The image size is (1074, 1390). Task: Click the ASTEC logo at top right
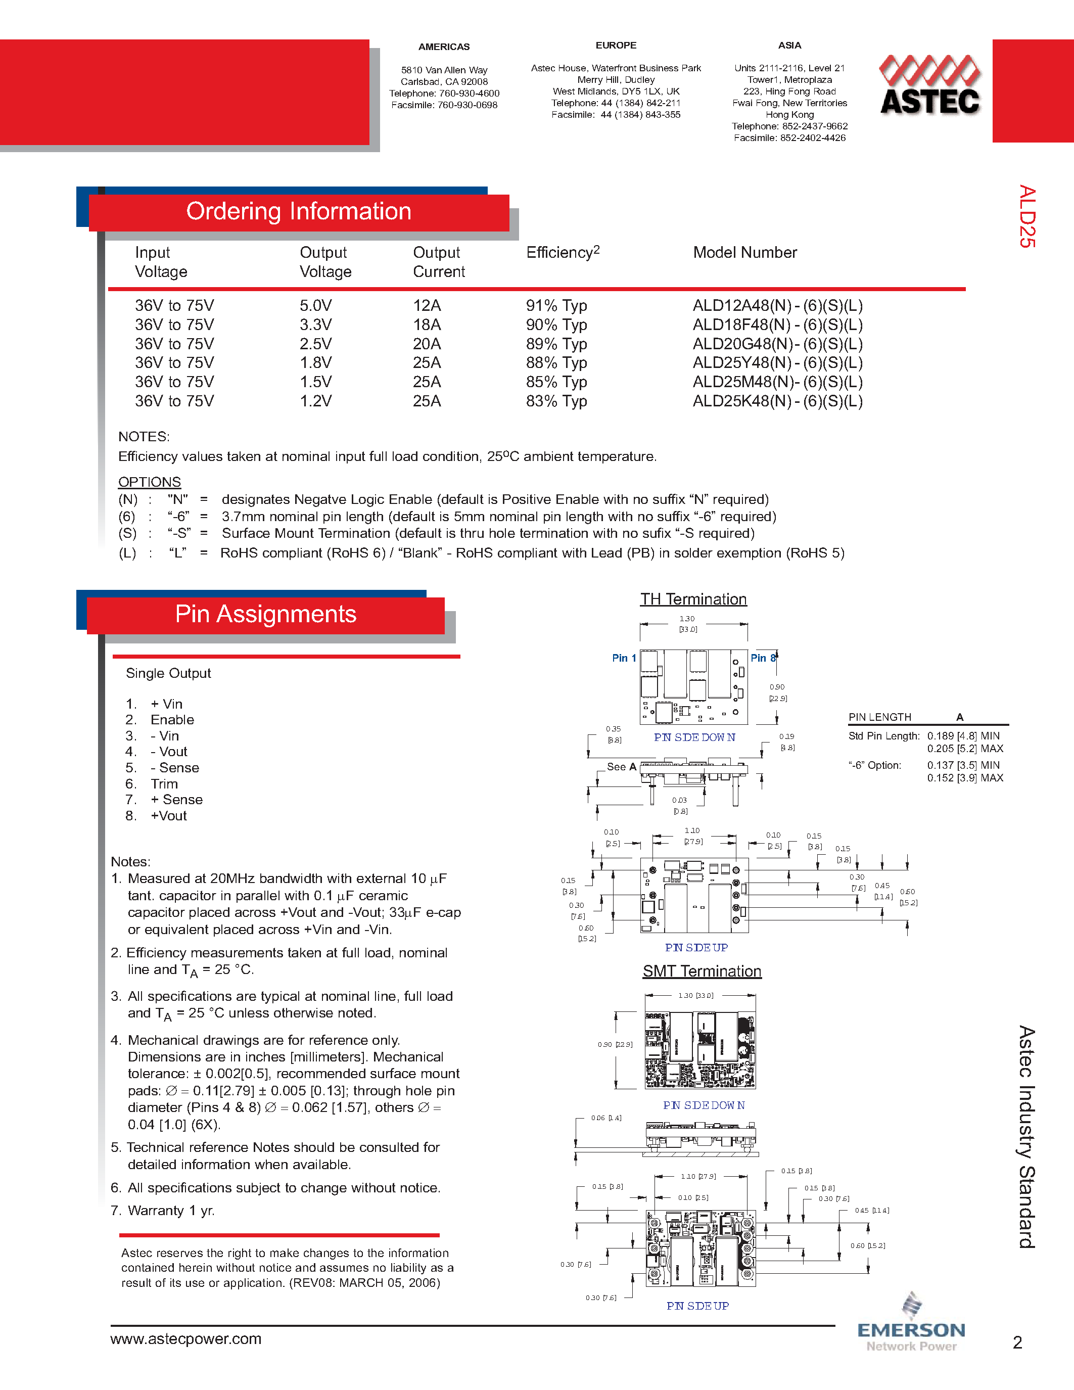[929, 85]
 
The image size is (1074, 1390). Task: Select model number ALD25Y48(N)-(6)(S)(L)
[777, 363]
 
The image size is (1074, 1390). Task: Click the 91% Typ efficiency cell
[555, 305]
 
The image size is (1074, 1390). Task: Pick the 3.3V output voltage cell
[315, 325]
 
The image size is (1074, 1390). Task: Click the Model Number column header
[744, 253]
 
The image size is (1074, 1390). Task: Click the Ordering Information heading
[298, 211]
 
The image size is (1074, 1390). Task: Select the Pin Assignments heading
[265, 614]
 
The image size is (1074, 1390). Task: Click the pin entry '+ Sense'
[175, 800]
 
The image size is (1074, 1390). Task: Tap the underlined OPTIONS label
[150, 482]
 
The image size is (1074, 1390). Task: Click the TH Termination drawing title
[693, 599]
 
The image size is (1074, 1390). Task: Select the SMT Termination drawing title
[702, 971]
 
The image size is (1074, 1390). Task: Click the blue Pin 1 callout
[624, 658]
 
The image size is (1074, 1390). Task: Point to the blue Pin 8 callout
[763, 658]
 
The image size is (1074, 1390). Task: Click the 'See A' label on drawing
[621, 767]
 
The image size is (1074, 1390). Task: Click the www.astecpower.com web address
[186, 1339]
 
